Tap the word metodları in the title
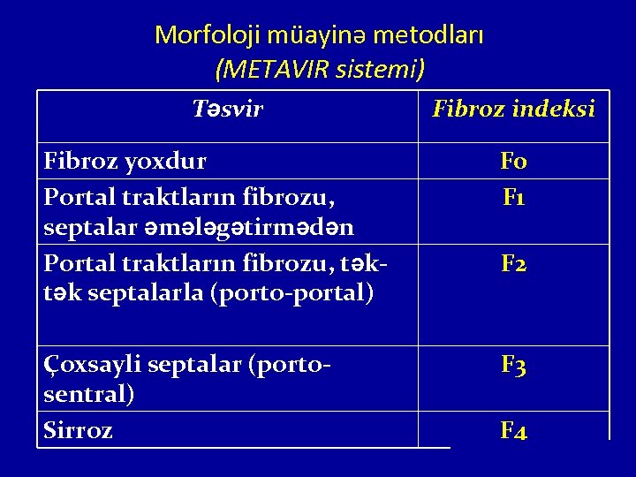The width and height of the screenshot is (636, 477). (x=428, y=35)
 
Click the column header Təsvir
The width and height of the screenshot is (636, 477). (x=228, y=110)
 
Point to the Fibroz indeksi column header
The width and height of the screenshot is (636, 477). (x=513, y=110)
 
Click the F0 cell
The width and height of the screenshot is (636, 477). (x=513, y=162)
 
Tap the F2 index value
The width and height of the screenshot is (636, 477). (x=513, y=263)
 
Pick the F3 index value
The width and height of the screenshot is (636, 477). (x=513, y=364)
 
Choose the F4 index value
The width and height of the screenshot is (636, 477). (x=513, y=431)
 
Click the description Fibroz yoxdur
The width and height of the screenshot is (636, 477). (x=125, y=162)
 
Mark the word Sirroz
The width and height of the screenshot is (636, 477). (x=78, y=431)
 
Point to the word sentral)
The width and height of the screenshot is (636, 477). (x=89, y=395)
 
